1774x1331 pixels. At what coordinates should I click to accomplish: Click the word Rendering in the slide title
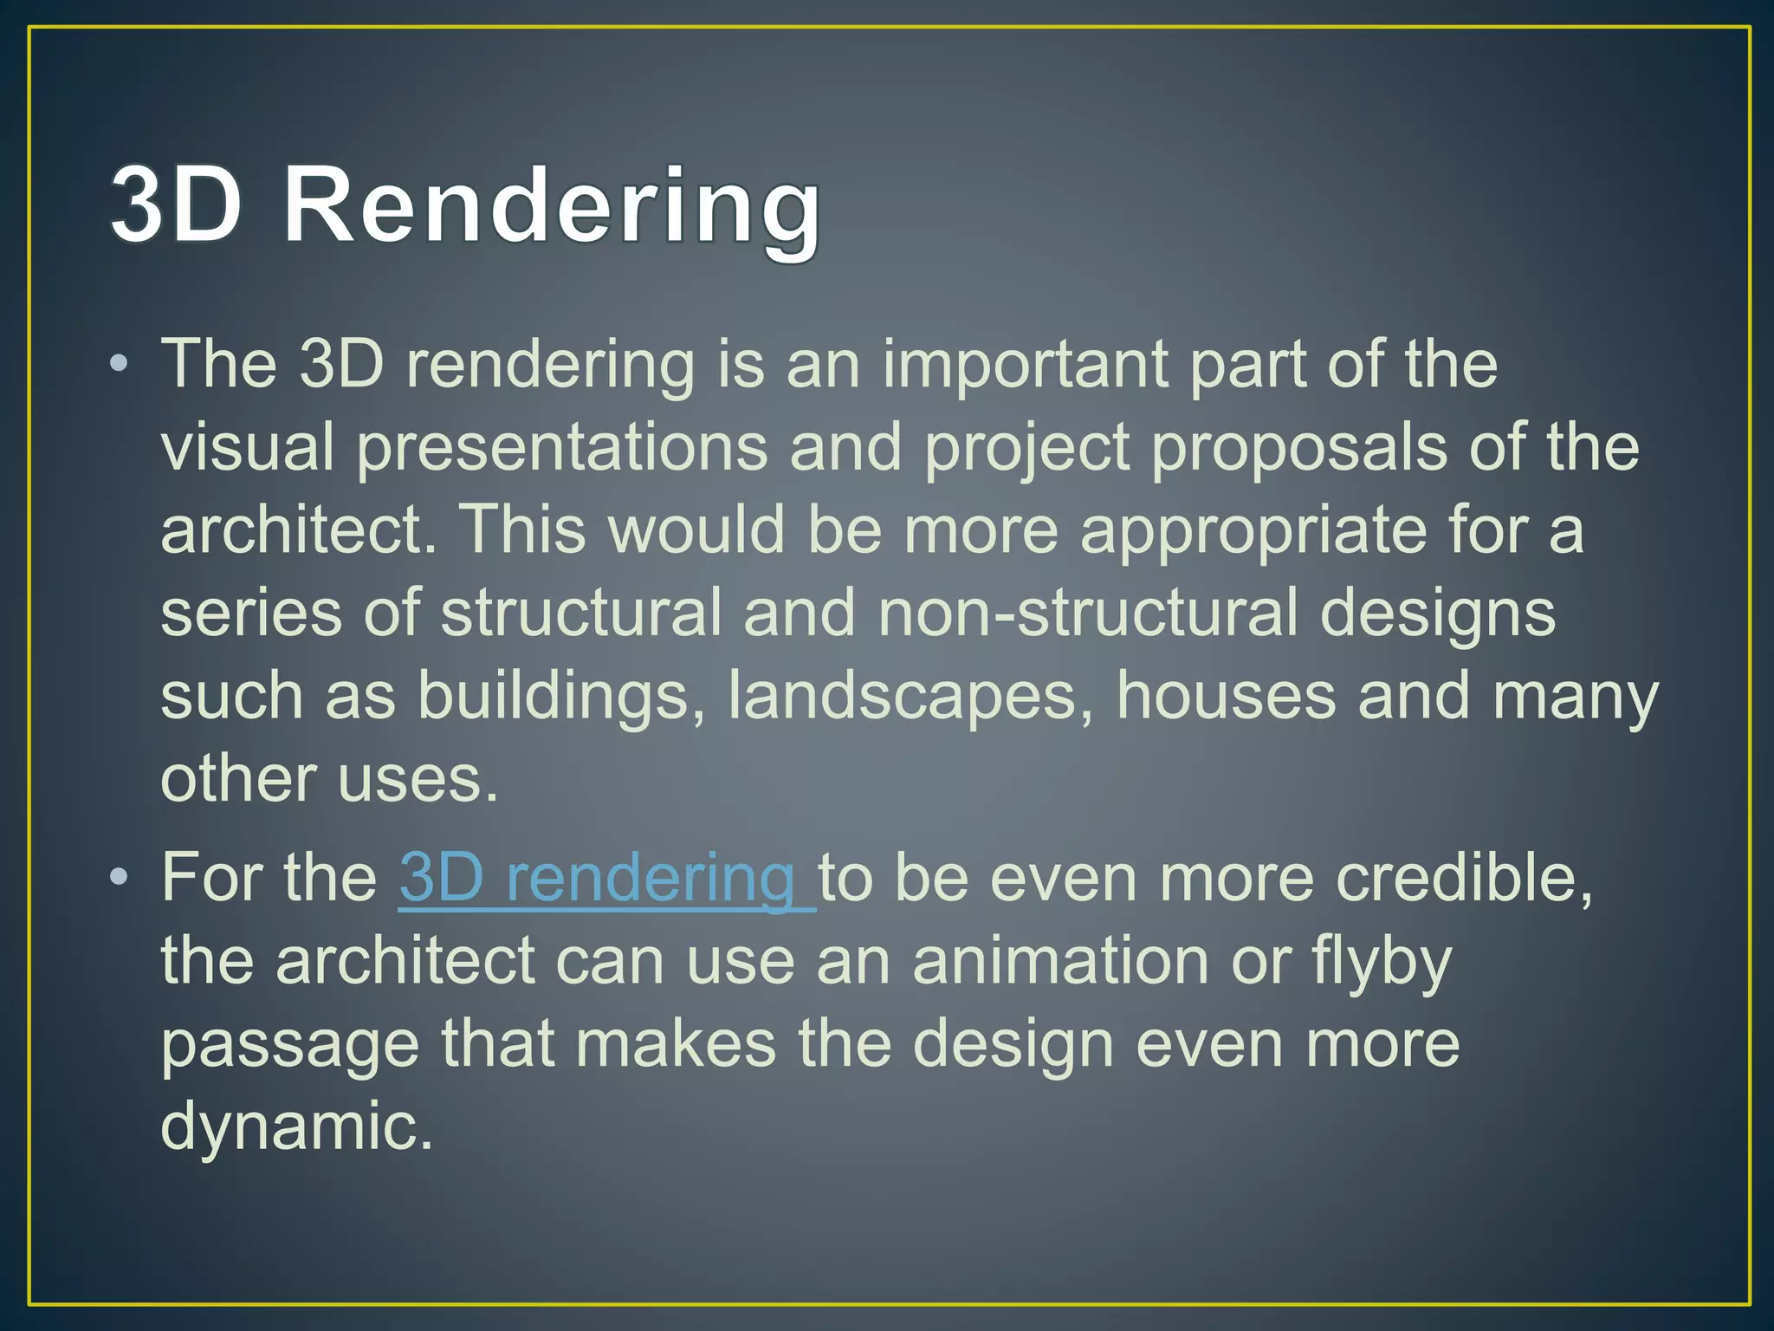(551, 206)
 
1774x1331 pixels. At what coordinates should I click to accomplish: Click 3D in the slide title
(176, 206)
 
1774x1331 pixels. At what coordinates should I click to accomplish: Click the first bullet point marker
(120, 363)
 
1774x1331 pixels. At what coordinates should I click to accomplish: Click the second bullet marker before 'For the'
(120, 879)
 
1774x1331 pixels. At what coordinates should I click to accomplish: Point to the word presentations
(562, 449)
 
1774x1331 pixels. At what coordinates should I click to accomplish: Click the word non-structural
(1088, 613)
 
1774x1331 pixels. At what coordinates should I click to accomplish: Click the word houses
(1226, 696)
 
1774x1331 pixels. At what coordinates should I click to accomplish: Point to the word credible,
(1464, 879)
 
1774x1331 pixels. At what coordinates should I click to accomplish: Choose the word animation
(1060, 961)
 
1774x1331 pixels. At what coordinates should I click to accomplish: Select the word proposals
(1298, 449)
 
